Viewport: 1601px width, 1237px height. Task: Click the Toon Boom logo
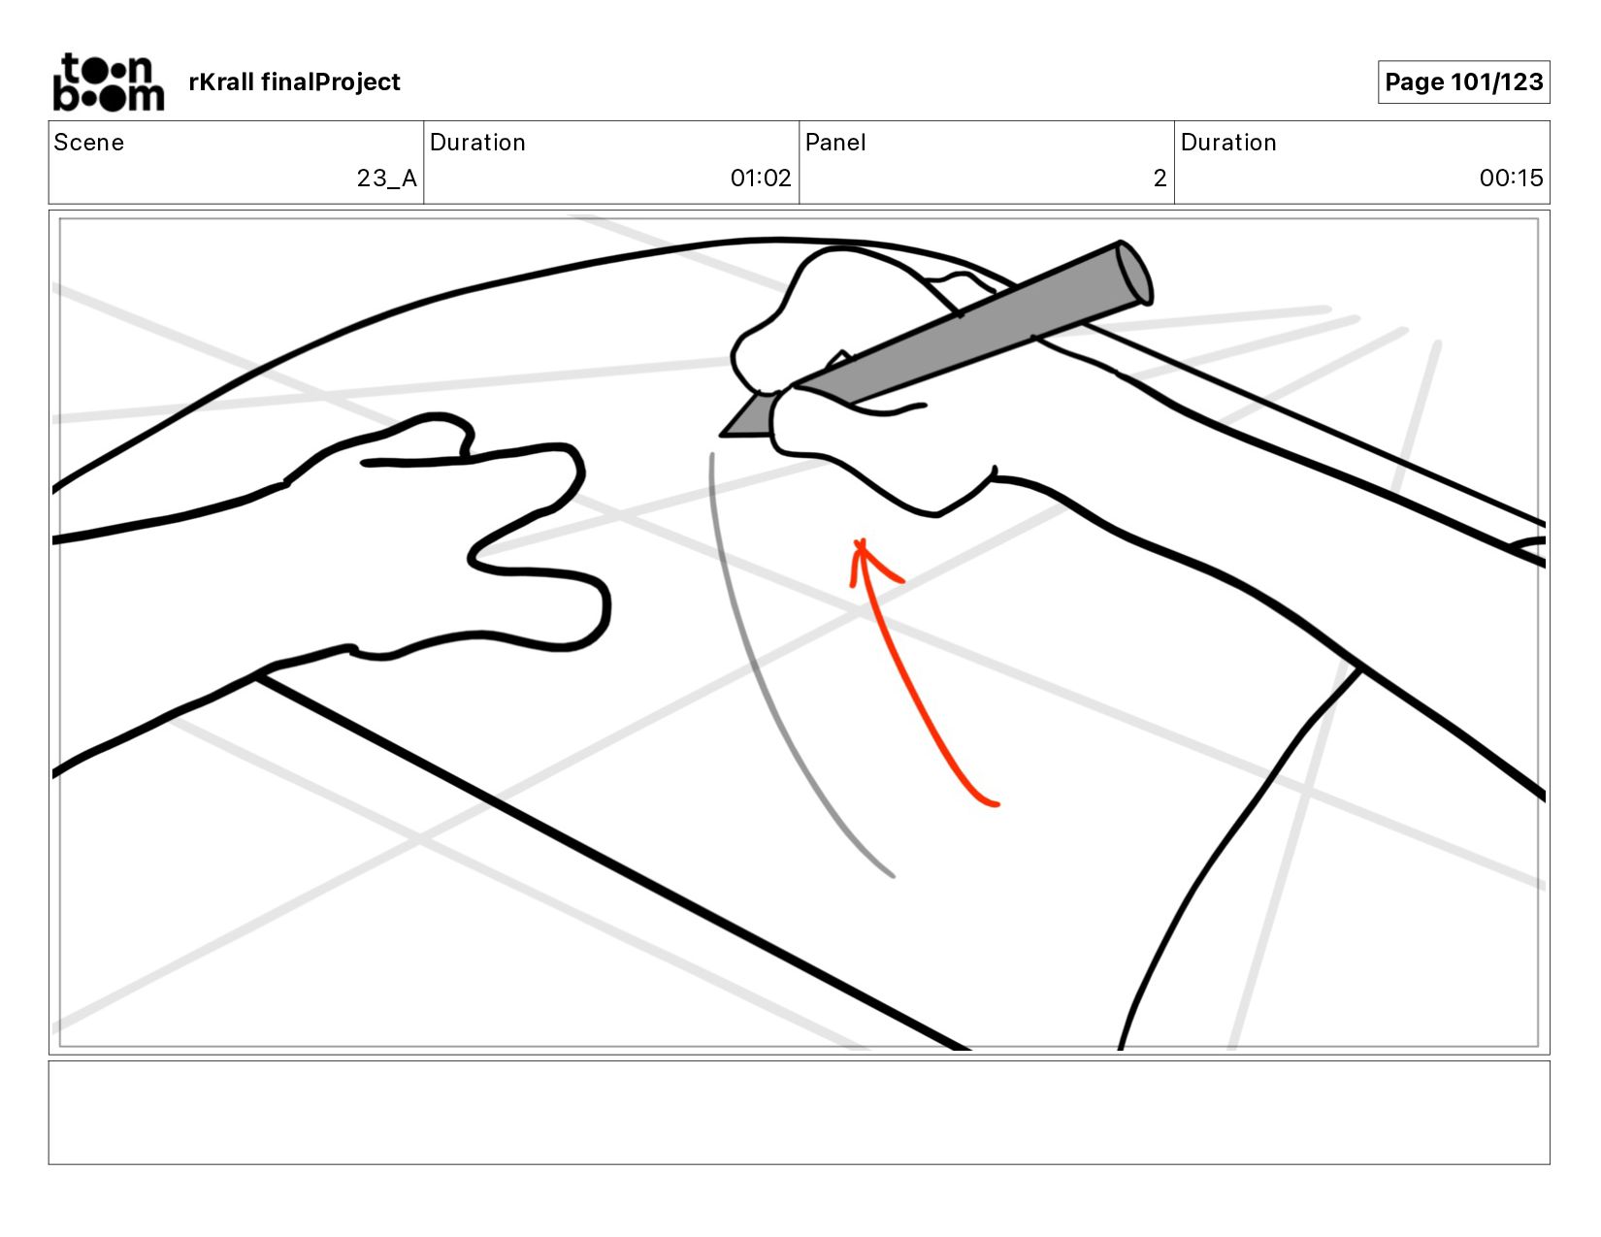(108, 82)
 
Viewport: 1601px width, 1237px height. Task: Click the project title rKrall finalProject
(294, 82)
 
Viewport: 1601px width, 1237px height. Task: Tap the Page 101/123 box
(1463, 82)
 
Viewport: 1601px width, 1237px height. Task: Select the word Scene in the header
(89, 143)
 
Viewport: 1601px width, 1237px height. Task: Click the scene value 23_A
(386, 179)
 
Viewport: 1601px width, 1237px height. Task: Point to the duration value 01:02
(760, 179)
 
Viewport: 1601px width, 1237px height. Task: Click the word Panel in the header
(835, 143)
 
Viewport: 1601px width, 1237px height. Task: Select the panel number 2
(1160, 179)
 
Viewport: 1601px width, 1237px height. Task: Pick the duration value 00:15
(1511, 179)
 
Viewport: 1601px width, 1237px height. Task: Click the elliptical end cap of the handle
(1133, 273)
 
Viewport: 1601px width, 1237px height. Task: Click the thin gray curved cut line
(767, 699)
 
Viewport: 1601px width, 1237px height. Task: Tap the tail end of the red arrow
(994, 802)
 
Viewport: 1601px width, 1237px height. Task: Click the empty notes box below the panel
(799, 1112)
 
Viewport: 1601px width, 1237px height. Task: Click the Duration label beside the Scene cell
(477, 143)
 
